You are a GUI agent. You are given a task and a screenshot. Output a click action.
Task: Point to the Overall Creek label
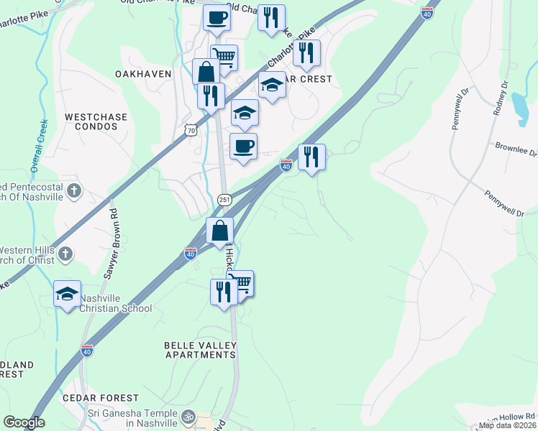pyautogui.click(x=37, y=144)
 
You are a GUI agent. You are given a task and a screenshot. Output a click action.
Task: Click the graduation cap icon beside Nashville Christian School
pyautogui.click(x=67, y=294)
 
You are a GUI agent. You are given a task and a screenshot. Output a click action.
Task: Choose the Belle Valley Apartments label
pyautogui.click(x=201, y=350)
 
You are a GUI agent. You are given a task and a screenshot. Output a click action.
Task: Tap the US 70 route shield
pyautogui.click(x=190, y=129)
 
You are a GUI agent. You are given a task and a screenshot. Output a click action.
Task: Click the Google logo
pyautogui.click(x=24, y=422)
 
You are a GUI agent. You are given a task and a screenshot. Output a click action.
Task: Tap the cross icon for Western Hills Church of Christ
pyautogui.click(x=65, y=254)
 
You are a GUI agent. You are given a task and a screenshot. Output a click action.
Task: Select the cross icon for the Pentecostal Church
pyautogui.click(x=75, y=191)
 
